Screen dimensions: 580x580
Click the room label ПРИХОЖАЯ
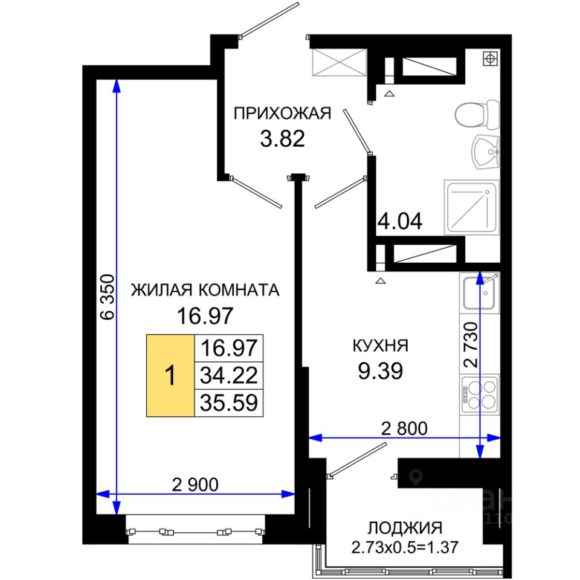click(x=282, y=114)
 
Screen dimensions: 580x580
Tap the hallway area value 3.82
click(x=282, y=139)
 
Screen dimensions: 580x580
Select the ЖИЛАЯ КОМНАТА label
click(x=205, y=290)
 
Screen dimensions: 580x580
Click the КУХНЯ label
click(x=380, y=346)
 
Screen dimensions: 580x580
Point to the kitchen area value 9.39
click(x=380, y=370)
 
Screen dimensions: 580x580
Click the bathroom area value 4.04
click(x=400, y=221)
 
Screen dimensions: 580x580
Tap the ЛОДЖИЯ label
click(x=405, y=528)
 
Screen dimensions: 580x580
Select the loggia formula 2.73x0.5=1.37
click(x=405, y=547)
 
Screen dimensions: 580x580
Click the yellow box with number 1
click(x=170, y=376)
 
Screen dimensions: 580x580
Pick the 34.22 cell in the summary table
click(x=228, y=375)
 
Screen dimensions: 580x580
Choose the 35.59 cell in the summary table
click(x=228, y=403)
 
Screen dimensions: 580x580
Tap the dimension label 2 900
click(x=195, y=485)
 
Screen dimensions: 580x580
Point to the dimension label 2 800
click(x=404, y=429)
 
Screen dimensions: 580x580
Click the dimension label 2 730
click(x=471, y=345)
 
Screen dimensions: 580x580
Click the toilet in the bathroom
click(x=477, y=115)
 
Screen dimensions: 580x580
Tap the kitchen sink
click(x=480, y=292)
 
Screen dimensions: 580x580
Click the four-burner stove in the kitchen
click(x=480, y=393)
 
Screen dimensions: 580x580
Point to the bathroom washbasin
click(x=486, y=152)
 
